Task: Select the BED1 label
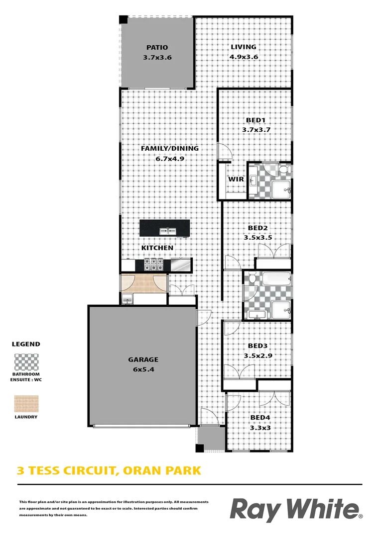256,120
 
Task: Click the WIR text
236,179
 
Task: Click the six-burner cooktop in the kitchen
154,264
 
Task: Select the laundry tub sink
127,298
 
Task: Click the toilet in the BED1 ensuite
284,171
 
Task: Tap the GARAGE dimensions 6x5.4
143,369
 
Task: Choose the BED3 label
258,346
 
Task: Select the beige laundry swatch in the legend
26,404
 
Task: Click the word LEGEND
26,344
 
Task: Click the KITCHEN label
157,248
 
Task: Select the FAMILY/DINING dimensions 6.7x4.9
169,159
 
